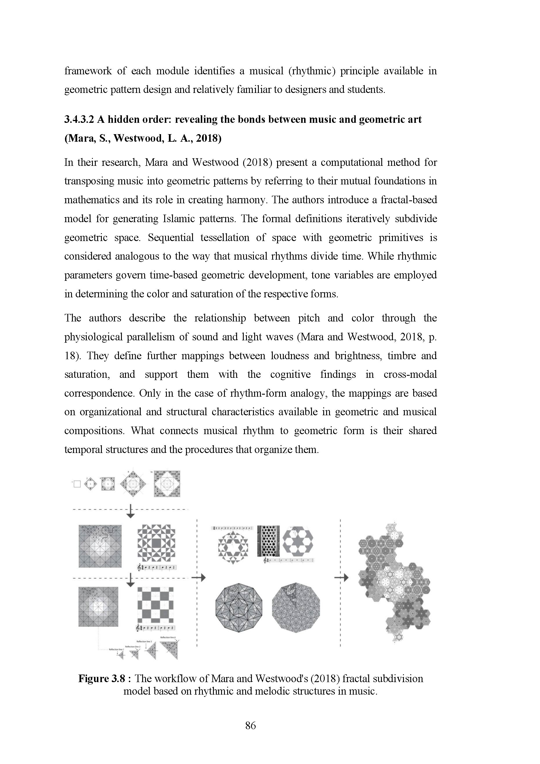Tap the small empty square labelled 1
77,484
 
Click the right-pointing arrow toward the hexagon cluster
342,578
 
